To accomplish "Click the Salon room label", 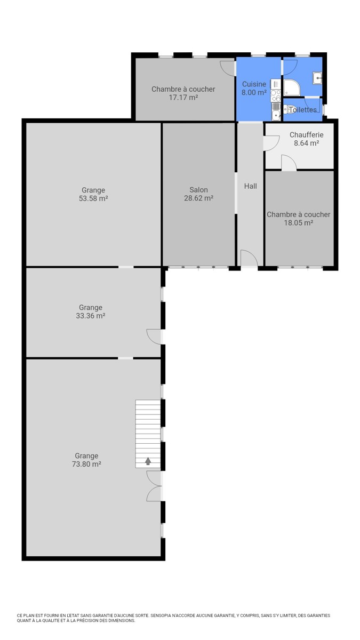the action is [198, 190].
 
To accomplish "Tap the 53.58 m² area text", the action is [93, 198].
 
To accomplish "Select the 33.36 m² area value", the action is [91, 316].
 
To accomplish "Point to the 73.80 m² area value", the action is [86, 464].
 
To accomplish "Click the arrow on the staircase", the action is [148, 461].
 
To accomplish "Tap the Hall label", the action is [251, 186].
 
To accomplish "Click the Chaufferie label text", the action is [307, 134].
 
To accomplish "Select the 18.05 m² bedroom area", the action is [299, 222].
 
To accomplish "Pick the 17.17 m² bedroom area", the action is [183, 98].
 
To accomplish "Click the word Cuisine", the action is [254, 84].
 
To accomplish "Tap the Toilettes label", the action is [303, 110].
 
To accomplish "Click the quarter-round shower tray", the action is [292, 87].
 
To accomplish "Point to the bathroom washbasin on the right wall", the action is [317, 78].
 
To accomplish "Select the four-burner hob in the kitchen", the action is [276, 95].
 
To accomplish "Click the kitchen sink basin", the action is [276, 114].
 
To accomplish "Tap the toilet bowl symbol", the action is [287, 109].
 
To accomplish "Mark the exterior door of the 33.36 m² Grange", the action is [154, 337].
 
